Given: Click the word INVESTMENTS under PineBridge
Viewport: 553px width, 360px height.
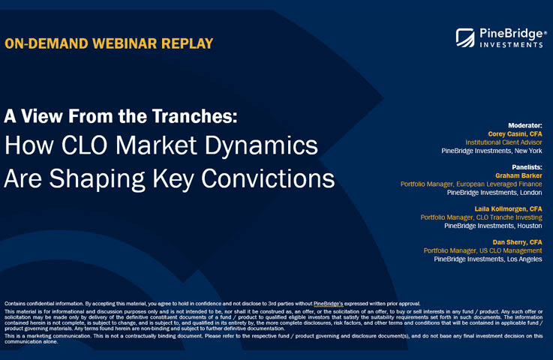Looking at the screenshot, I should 509,45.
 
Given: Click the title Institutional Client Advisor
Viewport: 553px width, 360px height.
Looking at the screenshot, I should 503,142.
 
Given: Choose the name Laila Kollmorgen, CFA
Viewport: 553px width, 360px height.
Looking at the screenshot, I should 509,208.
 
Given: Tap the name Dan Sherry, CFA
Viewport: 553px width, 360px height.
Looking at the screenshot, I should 517,241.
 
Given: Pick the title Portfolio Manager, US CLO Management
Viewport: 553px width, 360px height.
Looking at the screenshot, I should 482,250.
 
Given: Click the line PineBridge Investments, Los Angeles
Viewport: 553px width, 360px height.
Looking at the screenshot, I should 488,259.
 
